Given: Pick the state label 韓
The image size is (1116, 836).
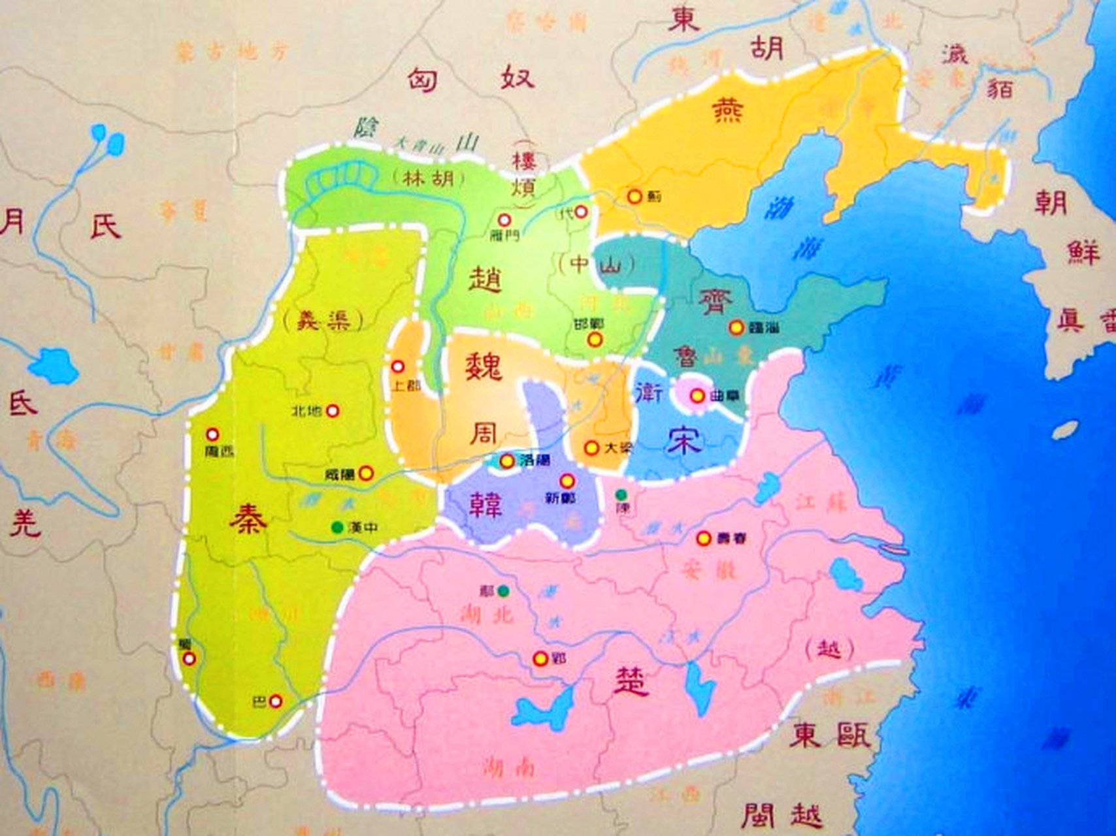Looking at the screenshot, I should click(x=485, y=504).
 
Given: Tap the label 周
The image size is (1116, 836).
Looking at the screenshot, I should click(x=484, y=432).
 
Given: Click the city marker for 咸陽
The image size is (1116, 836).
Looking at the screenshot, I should click(x=367, y=473).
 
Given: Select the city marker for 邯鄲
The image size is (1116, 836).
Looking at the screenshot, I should click(x=594, y=339).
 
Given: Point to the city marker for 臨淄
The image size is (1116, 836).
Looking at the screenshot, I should click(x=737, y=327).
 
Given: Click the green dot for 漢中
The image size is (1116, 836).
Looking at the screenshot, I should click(x=337, y=526).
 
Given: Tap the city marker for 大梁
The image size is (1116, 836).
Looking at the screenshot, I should click(x=591, y=448).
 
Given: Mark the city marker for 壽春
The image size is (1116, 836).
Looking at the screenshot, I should click(x=703, y=538).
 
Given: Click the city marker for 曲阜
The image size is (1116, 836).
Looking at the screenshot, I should click(x=697, y=395).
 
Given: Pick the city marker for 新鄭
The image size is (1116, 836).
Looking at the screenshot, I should click(x=566, y=481).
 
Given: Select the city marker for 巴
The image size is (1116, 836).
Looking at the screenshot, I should click(x=276, y=701).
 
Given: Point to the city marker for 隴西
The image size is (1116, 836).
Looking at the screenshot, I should click(x=212, y=434).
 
